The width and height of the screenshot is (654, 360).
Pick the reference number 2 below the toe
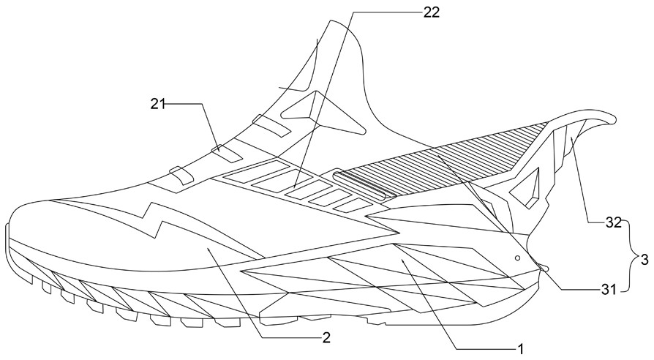pos(326,337)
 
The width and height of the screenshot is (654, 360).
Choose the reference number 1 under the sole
pos(522,348)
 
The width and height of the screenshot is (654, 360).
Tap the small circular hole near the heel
pos(517,258)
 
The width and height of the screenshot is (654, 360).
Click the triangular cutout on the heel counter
pos(524,192)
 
